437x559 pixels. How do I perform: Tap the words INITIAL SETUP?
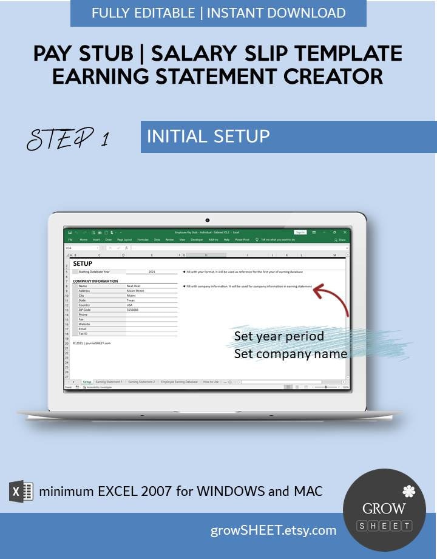point(208,136)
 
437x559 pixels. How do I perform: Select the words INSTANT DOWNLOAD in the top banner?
point(276,13)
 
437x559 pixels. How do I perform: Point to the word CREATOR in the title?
point(322,76)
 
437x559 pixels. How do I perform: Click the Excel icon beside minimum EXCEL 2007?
point(21,490)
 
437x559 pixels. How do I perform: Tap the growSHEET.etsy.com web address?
point(273,530)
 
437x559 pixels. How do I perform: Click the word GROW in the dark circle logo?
point(384,509)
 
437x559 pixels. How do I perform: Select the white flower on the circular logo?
point(408,491)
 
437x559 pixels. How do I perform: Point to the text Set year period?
point(279,336)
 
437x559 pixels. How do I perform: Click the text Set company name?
point(291,353)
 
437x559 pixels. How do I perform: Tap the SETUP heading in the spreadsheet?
point(83,264)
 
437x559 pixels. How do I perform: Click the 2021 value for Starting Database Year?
point(152,272)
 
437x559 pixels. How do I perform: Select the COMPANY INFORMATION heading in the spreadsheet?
point(95,281)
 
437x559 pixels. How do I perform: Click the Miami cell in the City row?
point(131,296)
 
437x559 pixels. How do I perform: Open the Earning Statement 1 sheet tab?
point(109,382)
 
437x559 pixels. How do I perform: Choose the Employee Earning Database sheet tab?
point(179,382)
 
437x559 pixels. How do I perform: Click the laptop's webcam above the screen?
point(208,220)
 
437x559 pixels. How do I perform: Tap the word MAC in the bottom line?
point(308,490)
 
